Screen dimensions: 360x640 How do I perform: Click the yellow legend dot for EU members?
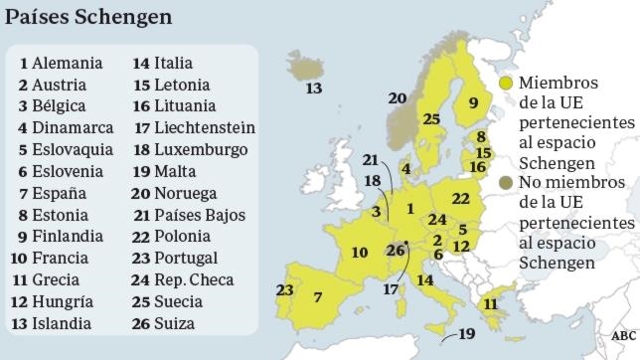(507, 84)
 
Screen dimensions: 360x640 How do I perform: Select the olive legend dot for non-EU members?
(507, 183)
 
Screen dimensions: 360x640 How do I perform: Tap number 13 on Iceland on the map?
(313, 89)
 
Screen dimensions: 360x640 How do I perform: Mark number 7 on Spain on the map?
(317, 297)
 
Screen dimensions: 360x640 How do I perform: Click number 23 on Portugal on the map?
(285, 290)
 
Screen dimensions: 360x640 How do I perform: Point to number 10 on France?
(359, 252)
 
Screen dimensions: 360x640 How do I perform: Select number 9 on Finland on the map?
(474, 102)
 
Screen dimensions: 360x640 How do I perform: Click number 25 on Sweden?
(431, 119)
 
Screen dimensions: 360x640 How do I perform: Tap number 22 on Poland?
(460, 199)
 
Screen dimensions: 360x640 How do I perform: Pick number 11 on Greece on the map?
(489, 304)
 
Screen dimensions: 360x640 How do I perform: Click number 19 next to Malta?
(467, 334)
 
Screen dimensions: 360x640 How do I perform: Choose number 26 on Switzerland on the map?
(396, 250)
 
